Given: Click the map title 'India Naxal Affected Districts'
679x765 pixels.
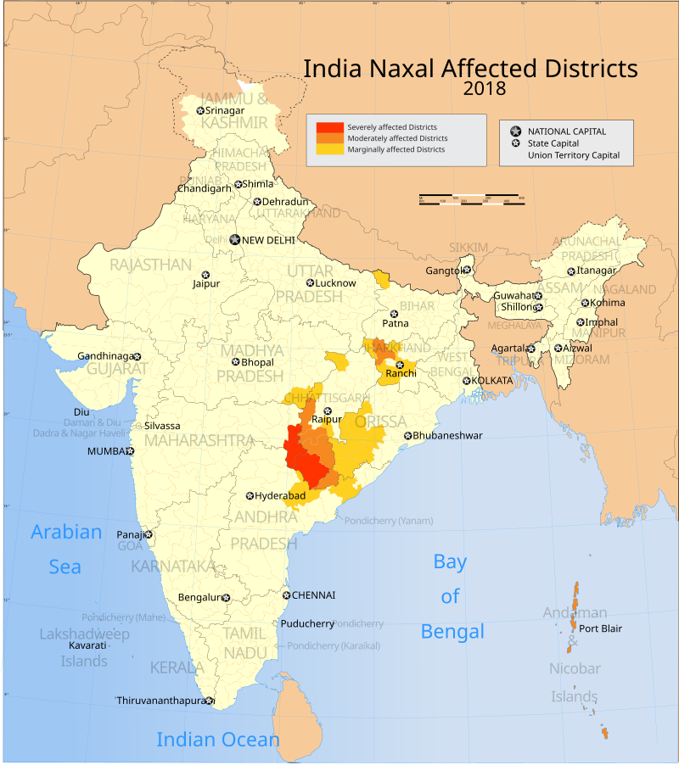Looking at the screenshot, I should click(x=470, y=68).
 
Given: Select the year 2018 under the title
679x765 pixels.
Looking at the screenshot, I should click(x=485, y=88).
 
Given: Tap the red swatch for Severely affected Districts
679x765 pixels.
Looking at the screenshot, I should click(x=330, y=127).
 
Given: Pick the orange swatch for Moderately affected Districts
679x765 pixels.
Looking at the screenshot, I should click(x=330, y=138).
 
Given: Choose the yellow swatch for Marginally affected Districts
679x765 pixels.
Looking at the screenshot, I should click(x=330, y=149).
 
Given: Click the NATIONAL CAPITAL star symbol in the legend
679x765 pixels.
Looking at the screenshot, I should click(x=514, y=131).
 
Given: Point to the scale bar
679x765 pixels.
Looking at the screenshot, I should click(x=471, y=200).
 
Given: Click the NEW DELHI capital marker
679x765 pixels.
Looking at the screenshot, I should click(x=235, y=240).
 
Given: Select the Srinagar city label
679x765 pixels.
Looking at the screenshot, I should click(x=226, y=110).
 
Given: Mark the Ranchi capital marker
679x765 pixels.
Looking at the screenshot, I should click(x=400, y=364).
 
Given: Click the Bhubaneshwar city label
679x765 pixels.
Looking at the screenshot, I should click(x=447, y=436).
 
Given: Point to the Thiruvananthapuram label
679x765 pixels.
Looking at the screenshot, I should click(x=160, y=701).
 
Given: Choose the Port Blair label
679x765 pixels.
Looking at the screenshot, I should click(x=601, y=628).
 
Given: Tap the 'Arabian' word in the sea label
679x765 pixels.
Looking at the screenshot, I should click(x=66, y=533).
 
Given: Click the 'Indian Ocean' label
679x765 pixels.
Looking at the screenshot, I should click(x=218, y=740).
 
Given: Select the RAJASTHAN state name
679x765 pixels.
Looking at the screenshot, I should click(x=151, y=265).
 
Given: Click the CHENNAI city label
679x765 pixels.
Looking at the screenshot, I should click(x=313, y=595).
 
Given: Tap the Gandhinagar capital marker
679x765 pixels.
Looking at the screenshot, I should click(x=137, y=356).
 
